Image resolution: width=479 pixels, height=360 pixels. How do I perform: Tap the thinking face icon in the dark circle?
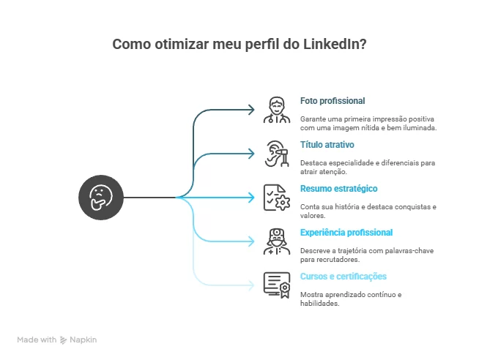(100, 197)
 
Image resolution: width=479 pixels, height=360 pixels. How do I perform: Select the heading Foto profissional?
(333, 101)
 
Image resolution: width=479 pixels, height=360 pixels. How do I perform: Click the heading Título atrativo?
(327, 145)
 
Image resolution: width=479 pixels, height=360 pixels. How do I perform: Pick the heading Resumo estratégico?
(339, 189)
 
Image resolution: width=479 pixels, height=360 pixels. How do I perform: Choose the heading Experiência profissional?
(346, 233)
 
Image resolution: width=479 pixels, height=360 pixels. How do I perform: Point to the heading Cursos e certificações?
(344, 277)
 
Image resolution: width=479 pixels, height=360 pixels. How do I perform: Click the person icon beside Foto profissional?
(275, 109)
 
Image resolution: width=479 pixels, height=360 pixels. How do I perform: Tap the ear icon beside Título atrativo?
(275, 153)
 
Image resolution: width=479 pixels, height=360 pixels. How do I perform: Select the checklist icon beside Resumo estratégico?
(275, 197)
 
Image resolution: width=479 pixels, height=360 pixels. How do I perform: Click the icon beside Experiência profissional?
(275, 241)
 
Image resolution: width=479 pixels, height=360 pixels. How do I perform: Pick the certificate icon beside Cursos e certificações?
(275, 284)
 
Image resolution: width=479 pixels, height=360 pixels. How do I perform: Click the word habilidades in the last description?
(319, 303)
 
